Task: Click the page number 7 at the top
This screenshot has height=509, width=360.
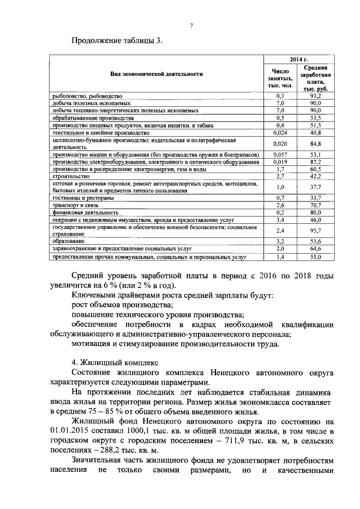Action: click(x=191, y=26)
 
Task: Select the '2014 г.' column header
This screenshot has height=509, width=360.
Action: click(x=299, y=59)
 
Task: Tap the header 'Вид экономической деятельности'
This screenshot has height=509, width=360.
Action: click(x=156, y=74)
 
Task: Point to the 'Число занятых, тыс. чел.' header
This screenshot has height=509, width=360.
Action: click(x=280, y=79)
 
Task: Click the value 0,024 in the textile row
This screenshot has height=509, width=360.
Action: click(x=280, y=133)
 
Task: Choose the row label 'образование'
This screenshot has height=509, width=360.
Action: click(x=69, y=240)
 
